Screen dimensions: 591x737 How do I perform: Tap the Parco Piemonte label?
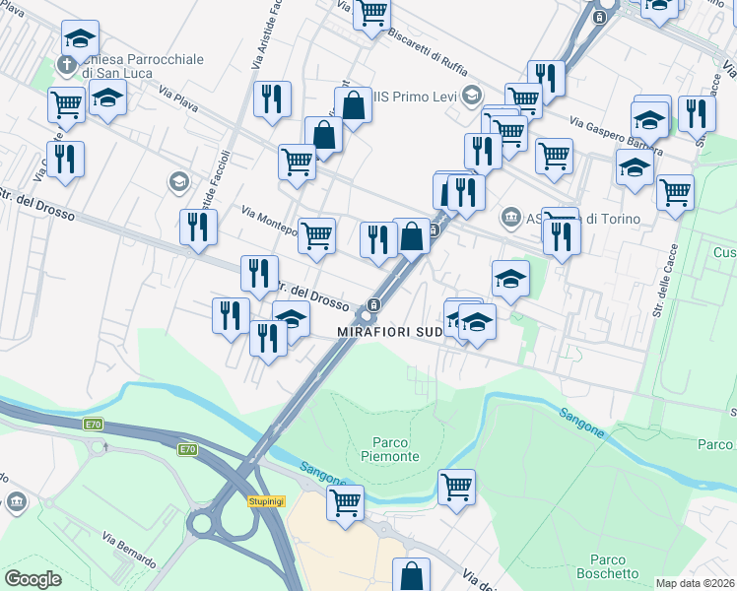point(396,449)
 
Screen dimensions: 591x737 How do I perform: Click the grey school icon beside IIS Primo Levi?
point(472,96)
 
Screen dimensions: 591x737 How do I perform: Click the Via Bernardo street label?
point(129,549)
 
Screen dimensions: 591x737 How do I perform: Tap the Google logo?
point(33,579)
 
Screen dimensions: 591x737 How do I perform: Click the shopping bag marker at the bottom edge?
point(412,575)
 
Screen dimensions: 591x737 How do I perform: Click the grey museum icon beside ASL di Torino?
point(510,217)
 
